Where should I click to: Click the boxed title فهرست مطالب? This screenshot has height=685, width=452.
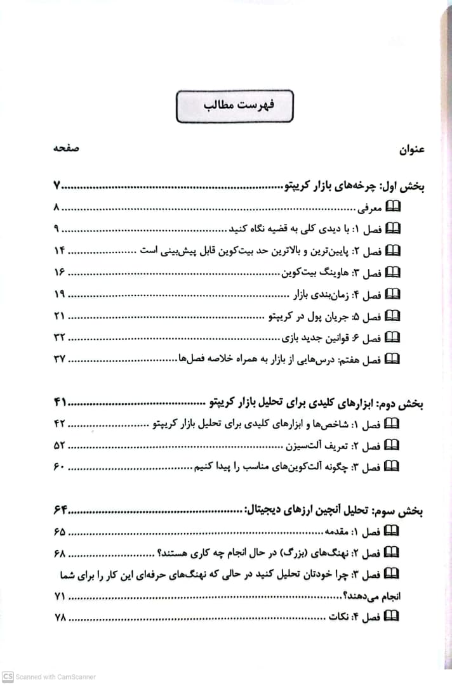[235, 106]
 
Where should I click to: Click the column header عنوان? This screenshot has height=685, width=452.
[411, 150]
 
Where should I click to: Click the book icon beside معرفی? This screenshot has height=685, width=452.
[394, 207]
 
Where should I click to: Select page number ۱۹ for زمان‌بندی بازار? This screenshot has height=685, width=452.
[60, 294]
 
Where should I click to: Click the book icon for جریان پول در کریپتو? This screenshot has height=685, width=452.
[394, 315]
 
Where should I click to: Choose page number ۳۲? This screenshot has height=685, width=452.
[60, 337]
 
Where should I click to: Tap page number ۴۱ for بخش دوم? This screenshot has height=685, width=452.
[60, 402]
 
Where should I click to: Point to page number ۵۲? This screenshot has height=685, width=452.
[60, 445]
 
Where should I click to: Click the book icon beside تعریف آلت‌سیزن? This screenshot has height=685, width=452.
[394, 445]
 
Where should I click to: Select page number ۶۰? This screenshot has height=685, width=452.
[60, 467]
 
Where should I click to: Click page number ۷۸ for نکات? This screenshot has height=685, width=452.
[60, 617]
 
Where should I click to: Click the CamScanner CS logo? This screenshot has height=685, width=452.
[8, 676]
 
